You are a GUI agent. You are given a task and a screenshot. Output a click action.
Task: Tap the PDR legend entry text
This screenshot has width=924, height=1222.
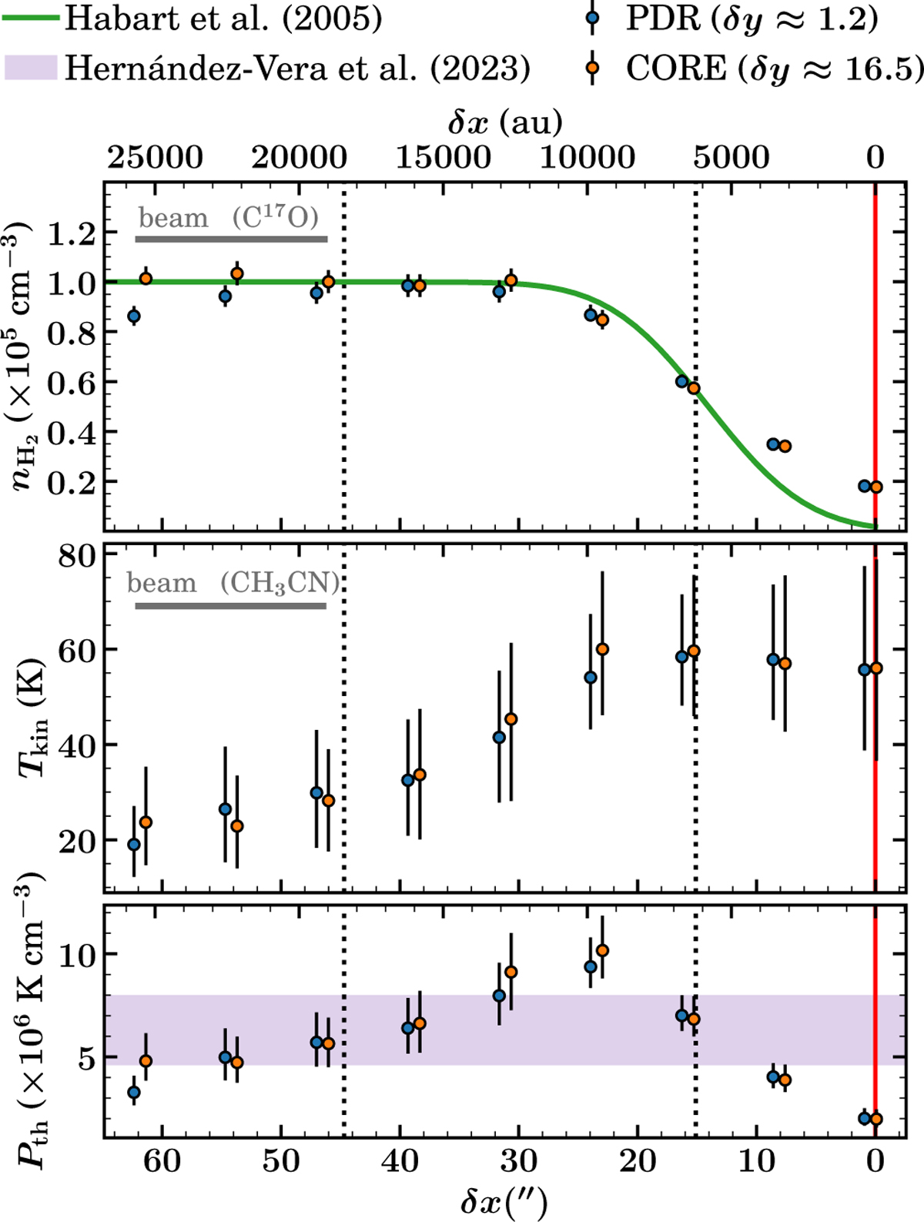tap(751, 19)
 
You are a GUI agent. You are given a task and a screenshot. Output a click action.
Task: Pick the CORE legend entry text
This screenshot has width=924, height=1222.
tap(774, 69)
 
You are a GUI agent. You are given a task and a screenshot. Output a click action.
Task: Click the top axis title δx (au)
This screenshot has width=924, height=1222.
tap(504, 122)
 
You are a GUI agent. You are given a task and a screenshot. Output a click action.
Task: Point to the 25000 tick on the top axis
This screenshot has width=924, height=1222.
tap(155, 158)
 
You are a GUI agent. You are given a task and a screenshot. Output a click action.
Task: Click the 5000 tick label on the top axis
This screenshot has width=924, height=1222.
tap(731, 158)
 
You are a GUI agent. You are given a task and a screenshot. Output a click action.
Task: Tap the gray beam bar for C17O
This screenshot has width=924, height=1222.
tap(232, 239)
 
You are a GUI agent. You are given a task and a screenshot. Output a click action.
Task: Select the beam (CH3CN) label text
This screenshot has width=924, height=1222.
tap(233, 583)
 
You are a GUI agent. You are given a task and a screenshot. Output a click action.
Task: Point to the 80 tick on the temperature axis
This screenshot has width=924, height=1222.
tap(76, 555)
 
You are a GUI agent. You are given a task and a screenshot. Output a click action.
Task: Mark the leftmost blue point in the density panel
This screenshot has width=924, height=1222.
tap(134, 316)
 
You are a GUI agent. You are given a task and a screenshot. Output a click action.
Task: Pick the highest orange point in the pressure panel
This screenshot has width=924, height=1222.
tap(602, 950)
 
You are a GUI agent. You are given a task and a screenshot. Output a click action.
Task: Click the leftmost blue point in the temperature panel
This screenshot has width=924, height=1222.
tap(134, 844)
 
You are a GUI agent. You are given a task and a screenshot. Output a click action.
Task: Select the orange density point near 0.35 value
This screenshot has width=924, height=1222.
tap(785, 446)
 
